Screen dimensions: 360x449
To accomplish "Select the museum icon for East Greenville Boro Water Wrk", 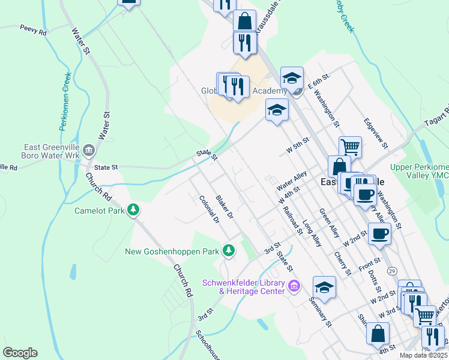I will tap(89, 149).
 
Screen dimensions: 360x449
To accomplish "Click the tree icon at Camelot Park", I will tap(133, 210).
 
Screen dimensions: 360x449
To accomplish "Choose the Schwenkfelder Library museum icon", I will tap(294, 286).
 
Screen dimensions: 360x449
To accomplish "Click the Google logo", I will tap(20, 352).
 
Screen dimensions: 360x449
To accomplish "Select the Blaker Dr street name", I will tap(224, 207).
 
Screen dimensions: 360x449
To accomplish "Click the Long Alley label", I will tap(312, 233).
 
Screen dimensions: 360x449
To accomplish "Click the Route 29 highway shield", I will tap(391, 271).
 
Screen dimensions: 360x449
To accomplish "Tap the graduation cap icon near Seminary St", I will tap(324, 287).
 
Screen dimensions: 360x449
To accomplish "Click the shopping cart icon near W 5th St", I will tap(350, 145).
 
